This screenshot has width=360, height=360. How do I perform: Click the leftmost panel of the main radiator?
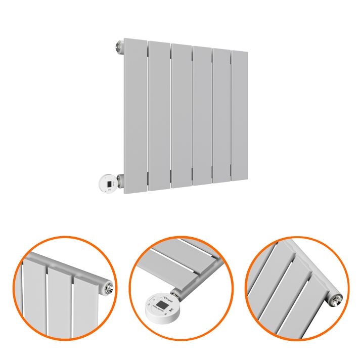pos(135,113)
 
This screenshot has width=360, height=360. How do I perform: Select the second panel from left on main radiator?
pos(159,115)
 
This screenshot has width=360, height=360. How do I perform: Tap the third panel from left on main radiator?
pos(181,115)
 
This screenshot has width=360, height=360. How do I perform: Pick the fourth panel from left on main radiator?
pos(202,115)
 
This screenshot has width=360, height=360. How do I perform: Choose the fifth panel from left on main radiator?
pos(221,115)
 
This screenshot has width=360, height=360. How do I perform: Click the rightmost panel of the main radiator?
pos(239,115)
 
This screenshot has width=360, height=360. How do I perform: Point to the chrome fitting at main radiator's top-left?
pos(119,47)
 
